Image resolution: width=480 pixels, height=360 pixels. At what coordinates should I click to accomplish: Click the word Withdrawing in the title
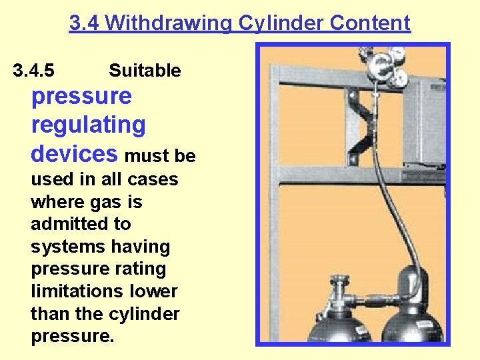click(166, 24)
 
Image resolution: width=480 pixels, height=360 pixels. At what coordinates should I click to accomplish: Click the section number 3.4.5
click(34, 71)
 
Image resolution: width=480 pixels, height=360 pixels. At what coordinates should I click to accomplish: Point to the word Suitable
click(145, 71)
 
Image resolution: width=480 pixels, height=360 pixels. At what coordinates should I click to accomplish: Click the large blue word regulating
click(88, 125)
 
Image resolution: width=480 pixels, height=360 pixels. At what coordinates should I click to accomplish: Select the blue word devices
click(74, 154)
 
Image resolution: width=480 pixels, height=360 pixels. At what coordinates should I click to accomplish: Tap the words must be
click(160, 156)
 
